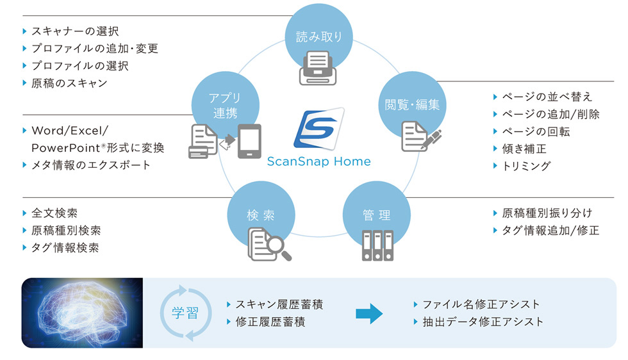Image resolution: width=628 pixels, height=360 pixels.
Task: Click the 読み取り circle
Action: tap(318, 37)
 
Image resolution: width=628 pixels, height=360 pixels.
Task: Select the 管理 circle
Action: tap(376, 215)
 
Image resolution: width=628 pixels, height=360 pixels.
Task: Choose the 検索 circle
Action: tap(261, 215)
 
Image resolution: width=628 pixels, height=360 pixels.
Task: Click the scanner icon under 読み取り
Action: tap(319, 69)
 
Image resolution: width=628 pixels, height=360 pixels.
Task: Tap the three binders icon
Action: tap(376, 245)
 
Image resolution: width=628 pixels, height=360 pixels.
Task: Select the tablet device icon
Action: tap(249, 141)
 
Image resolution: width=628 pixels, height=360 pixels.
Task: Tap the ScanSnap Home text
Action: tap(318, 161)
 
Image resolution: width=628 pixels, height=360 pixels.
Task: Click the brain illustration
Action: tap(82, 313)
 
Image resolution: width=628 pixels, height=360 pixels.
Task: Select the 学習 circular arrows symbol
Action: tap(185, 313)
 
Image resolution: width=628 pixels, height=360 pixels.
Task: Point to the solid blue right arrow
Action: tap(369, 313)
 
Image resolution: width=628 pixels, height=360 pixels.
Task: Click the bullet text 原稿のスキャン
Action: tap(69, 83)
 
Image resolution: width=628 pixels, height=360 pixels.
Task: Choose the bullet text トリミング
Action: tap(527, 166)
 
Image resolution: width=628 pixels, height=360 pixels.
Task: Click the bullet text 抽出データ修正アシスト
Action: tap(483, 322)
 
